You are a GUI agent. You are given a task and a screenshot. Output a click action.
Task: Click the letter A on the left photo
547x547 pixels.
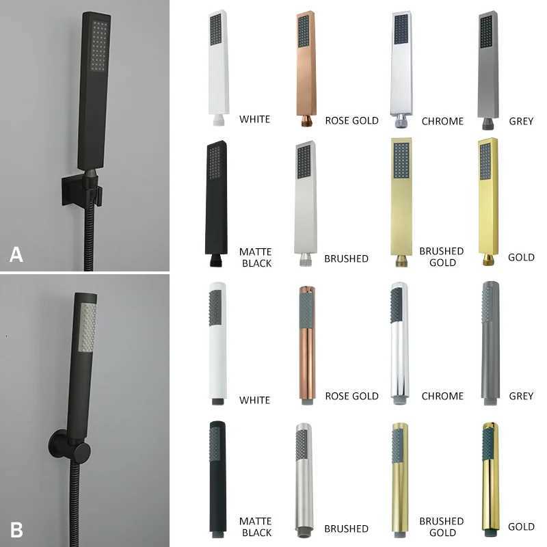coord(16,254)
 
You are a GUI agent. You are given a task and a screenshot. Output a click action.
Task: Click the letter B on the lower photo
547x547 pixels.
coord(16,529)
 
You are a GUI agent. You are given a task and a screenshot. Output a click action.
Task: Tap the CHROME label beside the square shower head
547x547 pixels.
coord(442,121)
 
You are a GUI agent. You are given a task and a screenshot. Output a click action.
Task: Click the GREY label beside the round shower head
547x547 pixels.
coord(521,396)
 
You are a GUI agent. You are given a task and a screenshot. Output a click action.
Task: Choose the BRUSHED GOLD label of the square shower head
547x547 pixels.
coord(441,257)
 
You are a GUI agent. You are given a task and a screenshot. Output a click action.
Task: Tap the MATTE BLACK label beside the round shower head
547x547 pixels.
coord(255,527)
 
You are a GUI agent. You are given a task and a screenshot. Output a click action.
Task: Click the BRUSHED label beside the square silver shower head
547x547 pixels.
coord(346,258)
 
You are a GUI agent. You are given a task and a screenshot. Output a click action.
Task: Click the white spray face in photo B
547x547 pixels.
coord(88,328)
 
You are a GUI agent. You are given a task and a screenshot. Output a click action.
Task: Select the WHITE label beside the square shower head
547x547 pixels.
coord(254,119)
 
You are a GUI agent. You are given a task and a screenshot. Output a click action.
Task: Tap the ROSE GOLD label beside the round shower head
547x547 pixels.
coord(351,396)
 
